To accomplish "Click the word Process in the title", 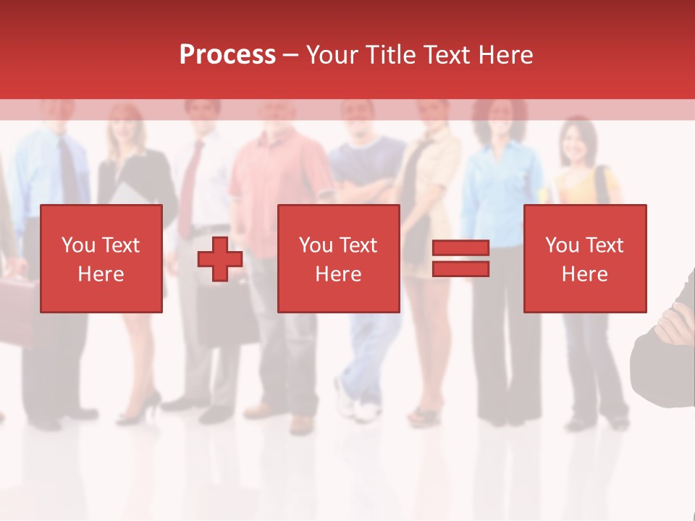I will pyautogui.click(x=227, y=55).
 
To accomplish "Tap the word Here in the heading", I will pyautogui.click(x=505, y=55).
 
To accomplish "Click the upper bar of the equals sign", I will pyautogui.click(x=460, y=248).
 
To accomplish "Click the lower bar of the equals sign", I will pyautogui.click(x=460, y=269).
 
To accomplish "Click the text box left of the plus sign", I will pyautogui.click(x=101, y=258).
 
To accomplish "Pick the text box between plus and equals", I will pyautogui.click(x=339, y=258).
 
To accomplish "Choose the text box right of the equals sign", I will pyautogui.click(x=585, y=258).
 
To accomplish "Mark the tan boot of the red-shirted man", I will pyautogui.click(x=300, y=423).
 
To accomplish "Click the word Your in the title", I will pyautogui.click(x=332, y=55).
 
